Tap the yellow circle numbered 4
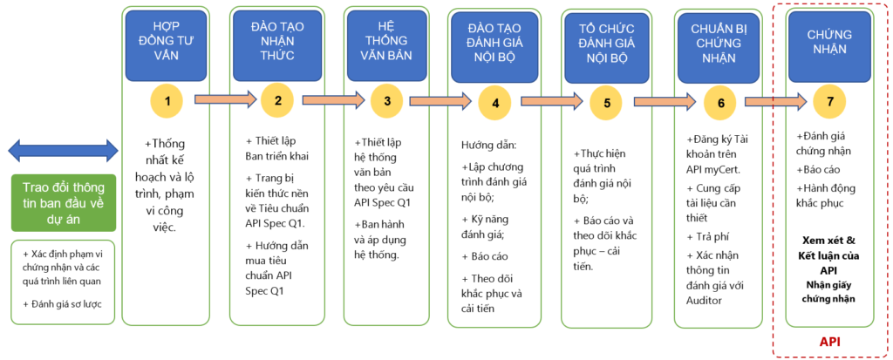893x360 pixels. pos(495,103)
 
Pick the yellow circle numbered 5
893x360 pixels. pos(606,103)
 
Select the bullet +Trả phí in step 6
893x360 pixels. pos(707,237)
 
